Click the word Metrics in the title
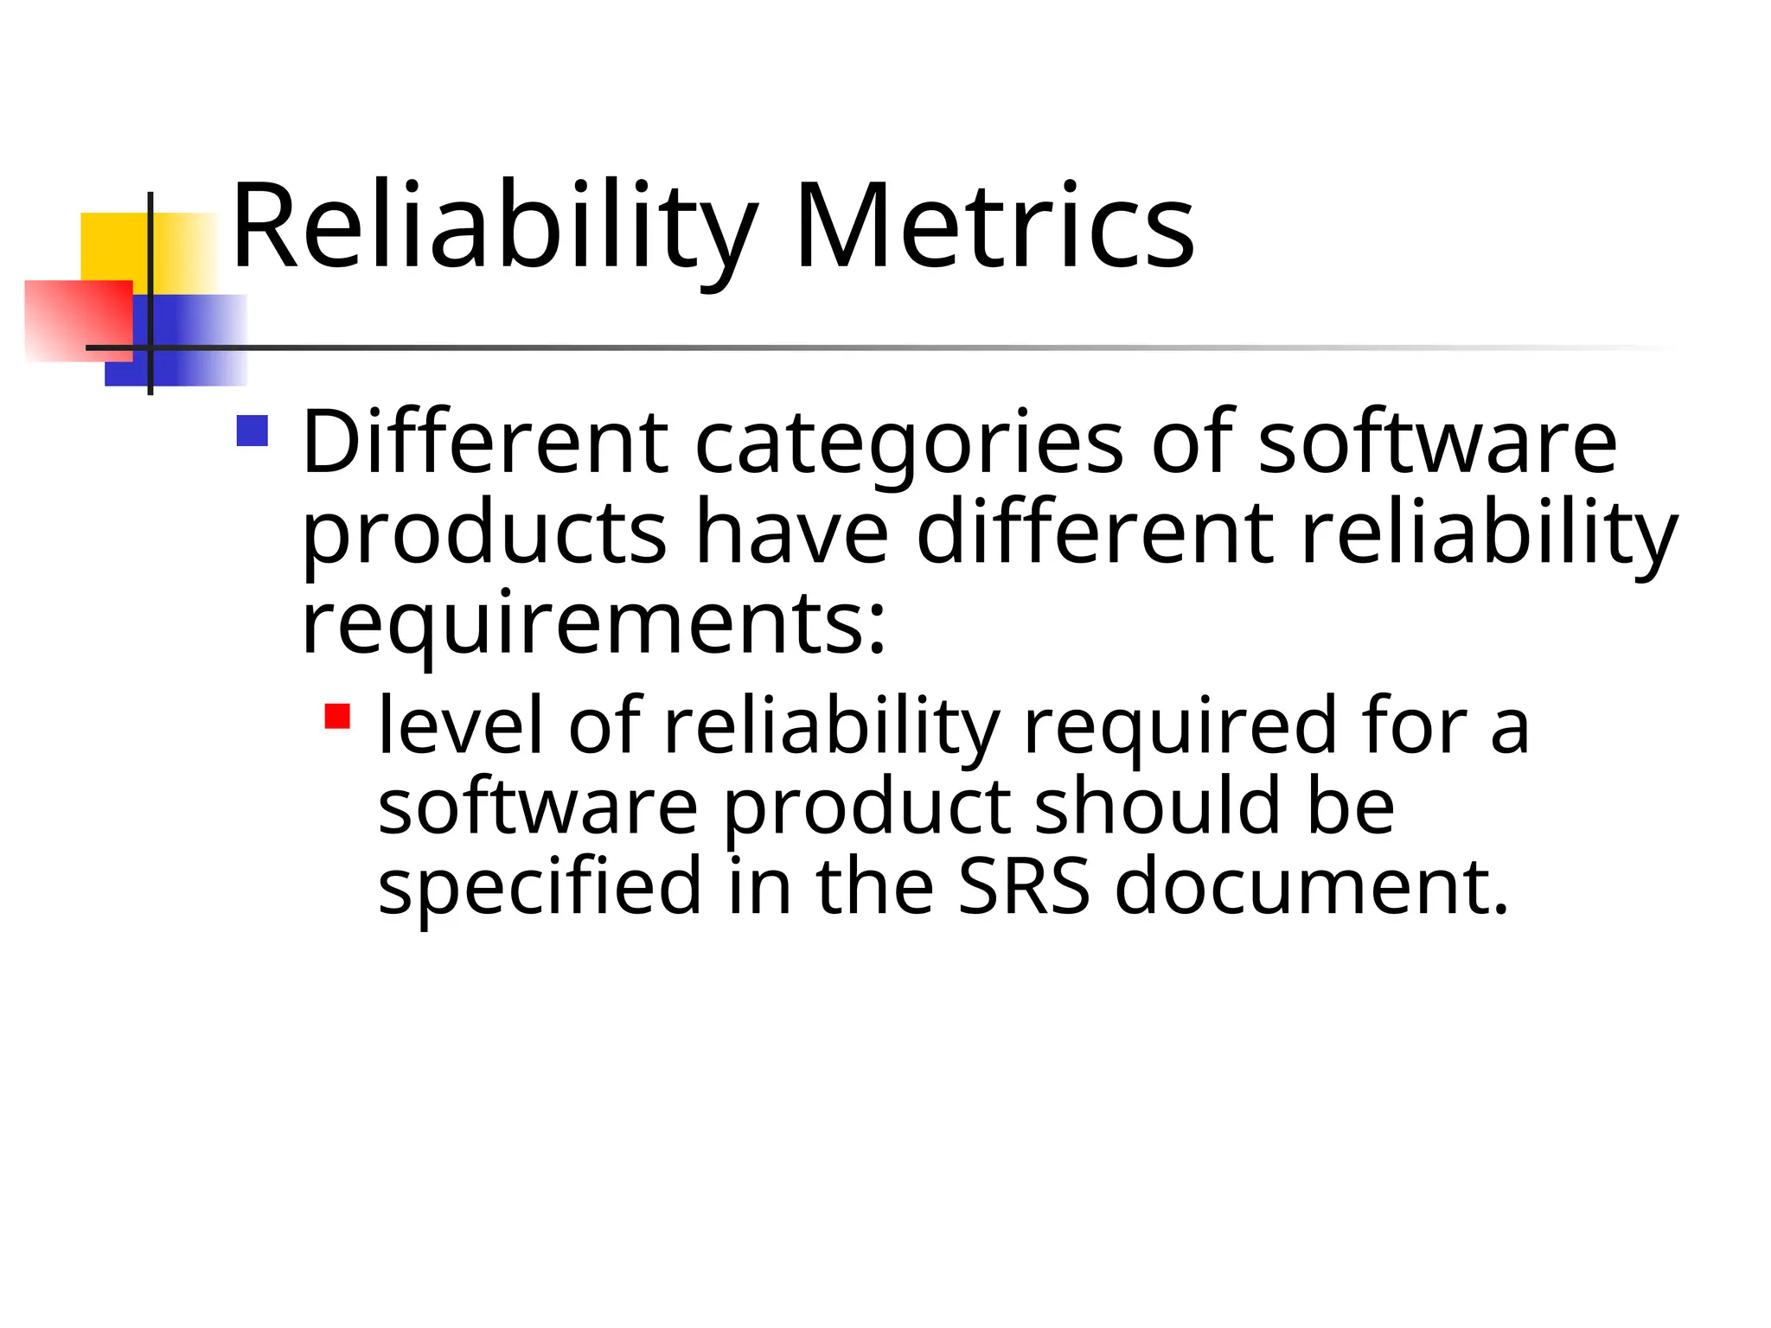point(994,227)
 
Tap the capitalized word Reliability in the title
point(494,227)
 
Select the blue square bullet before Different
point(252,431)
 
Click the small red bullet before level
point(337,717)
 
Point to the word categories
point(909,444)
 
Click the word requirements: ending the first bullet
point(593,624)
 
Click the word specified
point(540,887)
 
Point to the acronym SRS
point(1024,887)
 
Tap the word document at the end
point(1311,887)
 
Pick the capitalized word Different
point(484,443)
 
